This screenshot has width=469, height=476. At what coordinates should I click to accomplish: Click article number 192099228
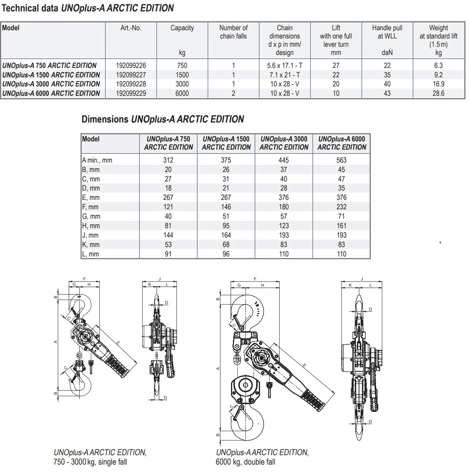131,84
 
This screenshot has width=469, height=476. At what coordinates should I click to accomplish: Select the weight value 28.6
438,93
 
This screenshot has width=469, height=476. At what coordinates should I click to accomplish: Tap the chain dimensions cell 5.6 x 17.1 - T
284,66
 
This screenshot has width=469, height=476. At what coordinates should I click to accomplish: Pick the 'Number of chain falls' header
233,32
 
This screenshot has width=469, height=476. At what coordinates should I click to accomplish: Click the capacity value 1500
182,75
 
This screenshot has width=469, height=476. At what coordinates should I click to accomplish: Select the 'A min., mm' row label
97,160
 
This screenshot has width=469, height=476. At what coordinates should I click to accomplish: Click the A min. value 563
341,160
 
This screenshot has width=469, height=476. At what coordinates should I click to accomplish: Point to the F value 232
341,207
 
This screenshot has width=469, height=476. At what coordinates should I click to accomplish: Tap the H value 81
168,226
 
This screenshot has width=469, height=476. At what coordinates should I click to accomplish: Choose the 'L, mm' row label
91,254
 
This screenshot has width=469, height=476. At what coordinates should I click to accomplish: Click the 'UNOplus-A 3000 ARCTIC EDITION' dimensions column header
284,143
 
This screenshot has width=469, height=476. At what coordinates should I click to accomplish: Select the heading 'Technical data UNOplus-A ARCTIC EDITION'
88,8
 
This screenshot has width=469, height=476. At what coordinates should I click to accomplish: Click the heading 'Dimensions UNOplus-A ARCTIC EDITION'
163,119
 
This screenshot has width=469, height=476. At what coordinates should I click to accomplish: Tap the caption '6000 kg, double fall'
245,462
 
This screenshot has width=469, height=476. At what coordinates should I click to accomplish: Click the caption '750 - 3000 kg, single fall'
90,462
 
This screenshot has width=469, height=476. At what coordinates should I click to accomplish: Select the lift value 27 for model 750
336,66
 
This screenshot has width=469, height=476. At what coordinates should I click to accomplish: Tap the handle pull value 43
387,93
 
